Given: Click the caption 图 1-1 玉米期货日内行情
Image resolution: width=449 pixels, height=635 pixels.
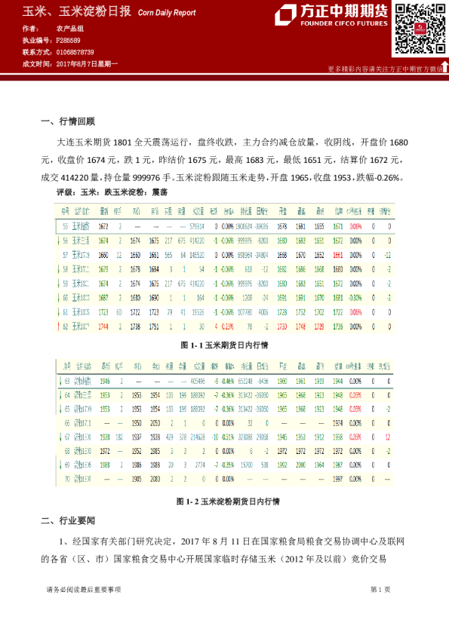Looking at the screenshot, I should coord(225,344).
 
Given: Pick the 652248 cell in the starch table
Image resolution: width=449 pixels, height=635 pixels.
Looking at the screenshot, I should coord(243,381).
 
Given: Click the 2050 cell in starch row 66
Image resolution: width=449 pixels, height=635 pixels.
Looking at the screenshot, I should coord(154,422).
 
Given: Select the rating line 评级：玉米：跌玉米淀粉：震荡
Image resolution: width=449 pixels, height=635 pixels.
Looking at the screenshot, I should coord(112,193).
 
